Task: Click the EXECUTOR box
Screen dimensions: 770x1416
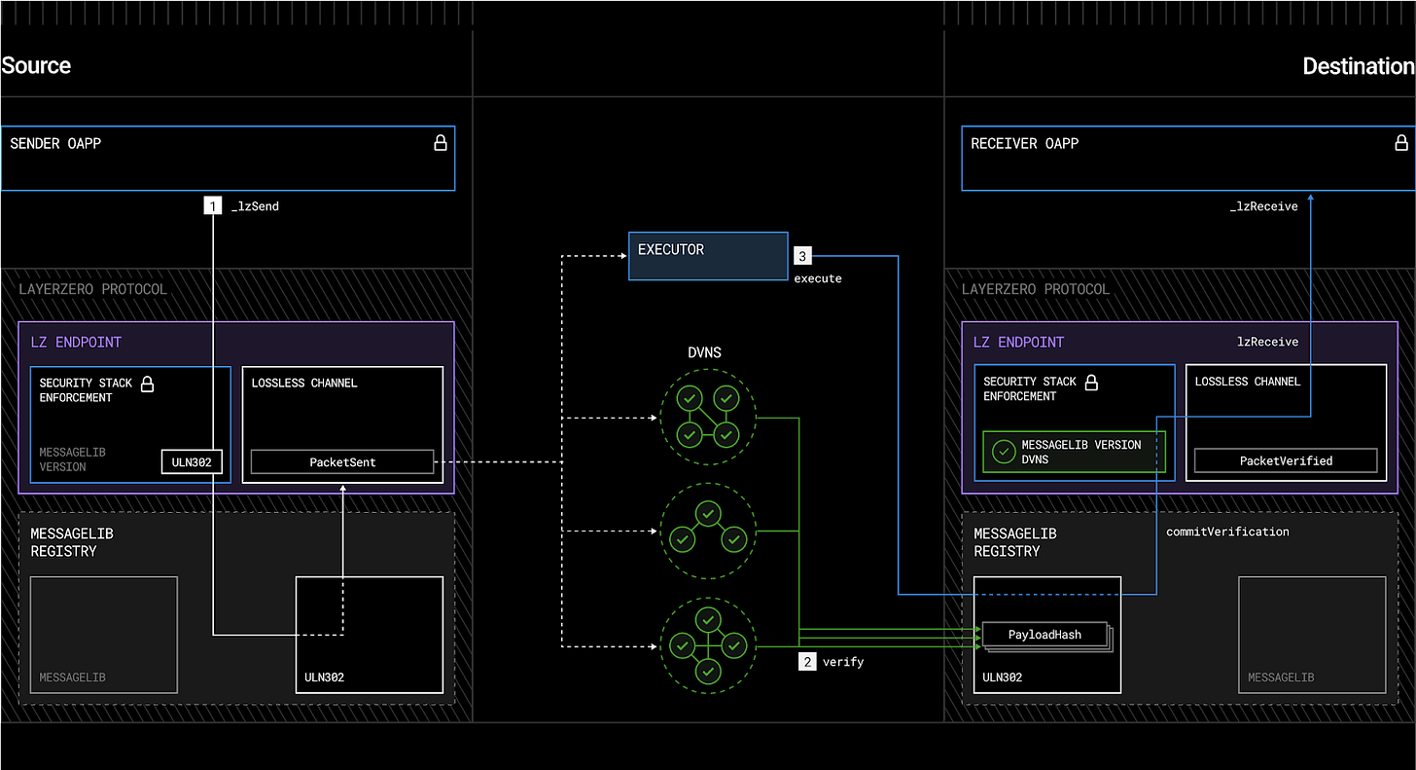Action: point(707,255)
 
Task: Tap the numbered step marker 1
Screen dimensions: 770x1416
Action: point(212,206)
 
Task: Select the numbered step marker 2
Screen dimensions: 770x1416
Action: point(806,662)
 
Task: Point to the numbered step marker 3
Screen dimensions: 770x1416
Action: point(801,256)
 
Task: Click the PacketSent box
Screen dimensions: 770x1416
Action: point(342,462)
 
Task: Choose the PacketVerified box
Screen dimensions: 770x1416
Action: point(1286,460)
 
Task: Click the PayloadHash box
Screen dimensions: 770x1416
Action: point(1044,635)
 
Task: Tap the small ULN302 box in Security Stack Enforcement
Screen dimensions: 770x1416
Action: point(192,462)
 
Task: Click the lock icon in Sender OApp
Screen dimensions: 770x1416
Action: point(440,143)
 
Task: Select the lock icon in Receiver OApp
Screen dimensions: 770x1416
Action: point(1400,143)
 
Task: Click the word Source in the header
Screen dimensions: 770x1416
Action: point(36,66)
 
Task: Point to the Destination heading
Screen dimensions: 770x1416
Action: point(1358,66)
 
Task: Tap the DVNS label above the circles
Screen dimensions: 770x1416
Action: point(704,352)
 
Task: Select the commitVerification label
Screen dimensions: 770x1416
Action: point(1227,532)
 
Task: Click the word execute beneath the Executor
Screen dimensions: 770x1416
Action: point(817,278)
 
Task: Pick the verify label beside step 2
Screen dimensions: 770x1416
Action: point(842,662)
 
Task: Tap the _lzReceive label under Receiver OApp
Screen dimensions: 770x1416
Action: point(1262,206)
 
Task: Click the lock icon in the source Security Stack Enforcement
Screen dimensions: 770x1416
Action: point(148,384)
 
